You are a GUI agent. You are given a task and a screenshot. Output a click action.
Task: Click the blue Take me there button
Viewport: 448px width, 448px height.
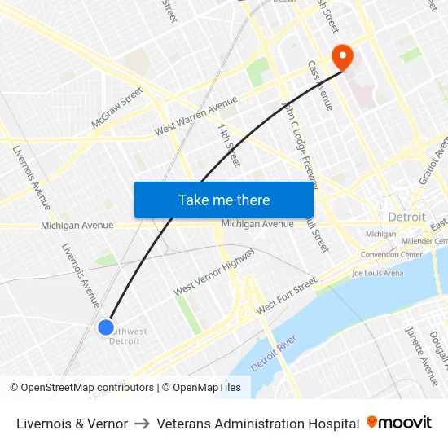tap(224, 200)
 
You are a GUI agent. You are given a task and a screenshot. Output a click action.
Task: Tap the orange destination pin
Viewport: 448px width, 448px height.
tap(341, 57)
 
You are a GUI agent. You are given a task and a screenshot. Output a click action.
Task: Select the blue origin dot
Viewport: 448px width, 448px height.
tap(106, 327)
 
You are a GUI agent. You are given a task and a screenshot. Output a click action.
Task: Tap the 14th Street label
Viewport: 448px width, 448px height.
tap(229, 145)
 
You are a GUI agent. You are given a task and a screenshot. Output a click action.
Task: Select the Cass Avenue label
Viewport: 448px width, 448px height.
tap(320, 85)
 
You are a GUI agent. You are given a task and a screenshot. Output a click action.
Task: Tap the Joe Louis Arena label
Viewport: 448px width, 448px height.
tap(377, 273)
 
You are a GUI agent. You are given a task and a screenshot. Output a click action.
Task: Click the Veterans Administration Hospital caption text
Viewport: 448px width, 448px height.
tap(257, 424)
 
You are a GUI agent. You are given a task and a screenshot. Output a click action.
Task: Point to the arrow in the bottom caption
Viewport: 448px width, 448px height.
tap(142, 424)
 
